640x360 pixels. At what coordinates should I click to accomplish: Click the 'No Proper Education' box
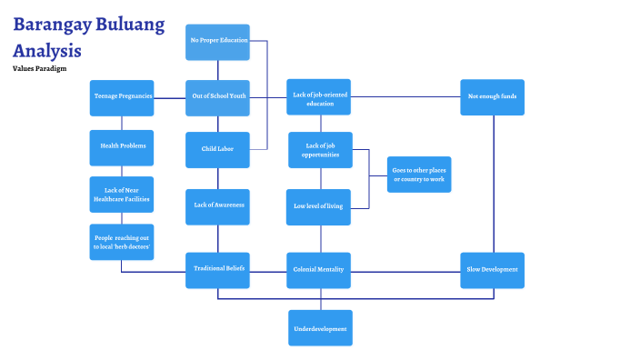pyautogui.click(x=217, y=42)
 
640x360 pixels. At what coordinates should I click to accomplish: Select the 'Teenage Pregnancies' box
pyautogui.click(x=122, y=97)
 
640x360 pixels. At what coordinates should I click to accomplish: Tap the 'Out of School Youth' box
pyautogui.click(x=217, y=97)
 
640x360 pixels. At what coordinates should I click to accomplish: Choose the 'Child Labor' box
pyautogui.click(x=217, y=149)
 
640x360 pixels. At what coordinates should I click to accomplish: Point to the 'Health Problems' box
pyautogui.click(x=122, y=146)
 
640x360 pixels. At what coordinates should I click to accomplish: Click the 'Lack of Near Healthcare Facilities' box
pyautogui.click(x=122, y=194)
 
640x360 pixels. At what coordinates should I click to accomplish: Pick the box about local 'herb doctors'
pyautogui.click(x=122, y=242)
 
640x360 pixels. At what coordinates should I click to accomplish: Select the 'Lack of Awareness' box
pyautogui.click(x=217, y=205)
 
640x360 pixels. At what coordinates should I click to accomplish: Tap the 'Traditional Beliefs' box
pyautogui.click(x=217, y=270)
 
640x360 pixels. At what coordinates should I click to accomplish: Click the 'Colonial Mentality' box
pyautogui.click(x=319, y=270)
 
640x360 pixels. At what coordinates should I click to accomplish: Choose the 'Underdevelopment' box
pyautogui.click(x=319, y=327)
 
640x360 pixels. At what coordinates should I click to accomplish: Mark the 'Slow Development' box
pyautogui.click(x=492, y=270)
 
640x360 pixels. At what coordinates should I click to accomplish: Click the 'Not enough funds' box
pyautogui.click(x=492, y=97)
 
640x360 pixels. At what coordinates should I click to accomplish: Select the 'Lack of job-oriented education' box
pyautogui.click(x=319, y=97)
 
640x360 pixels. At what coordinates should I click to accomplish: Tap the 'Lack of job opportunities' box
pyautogui.click(x=319, y=150)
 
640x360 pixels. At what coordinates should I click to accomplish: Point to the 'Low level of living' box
pyautogui.click(x=319, y=206)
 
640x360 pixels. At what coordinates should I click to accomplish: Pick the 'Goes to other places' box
pyautogui.click(x=418, y=174)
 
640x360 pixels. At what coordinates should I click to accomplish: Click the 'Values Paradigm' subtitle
pyautogui.click(x=39, y=69)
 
